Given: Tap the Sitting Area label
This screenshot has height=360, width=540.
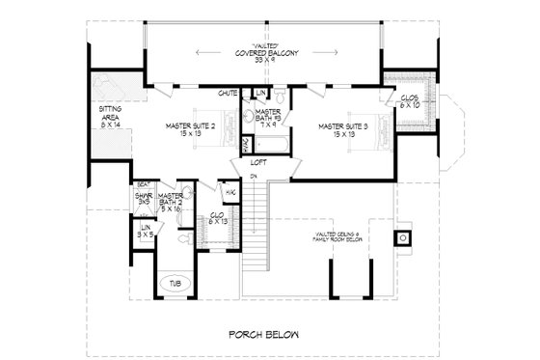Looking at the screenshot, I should pyautogui.click(x=110, y=118).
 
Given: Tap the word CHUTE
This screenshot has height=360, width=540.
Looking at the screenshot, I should pyautogui.click(x=228, y=94).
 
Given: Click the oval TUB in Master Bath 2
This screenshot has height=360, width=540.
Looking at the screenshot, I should pyautogui.click(x=176, y=284).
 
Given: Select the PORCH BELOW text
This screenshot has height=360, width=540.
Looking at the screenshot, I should pyautogui.click(x=263, y=335).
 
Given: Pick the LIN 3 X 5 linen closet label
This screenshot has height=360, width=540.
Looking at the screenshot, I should pyautogui.click(x=145, y=231).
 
